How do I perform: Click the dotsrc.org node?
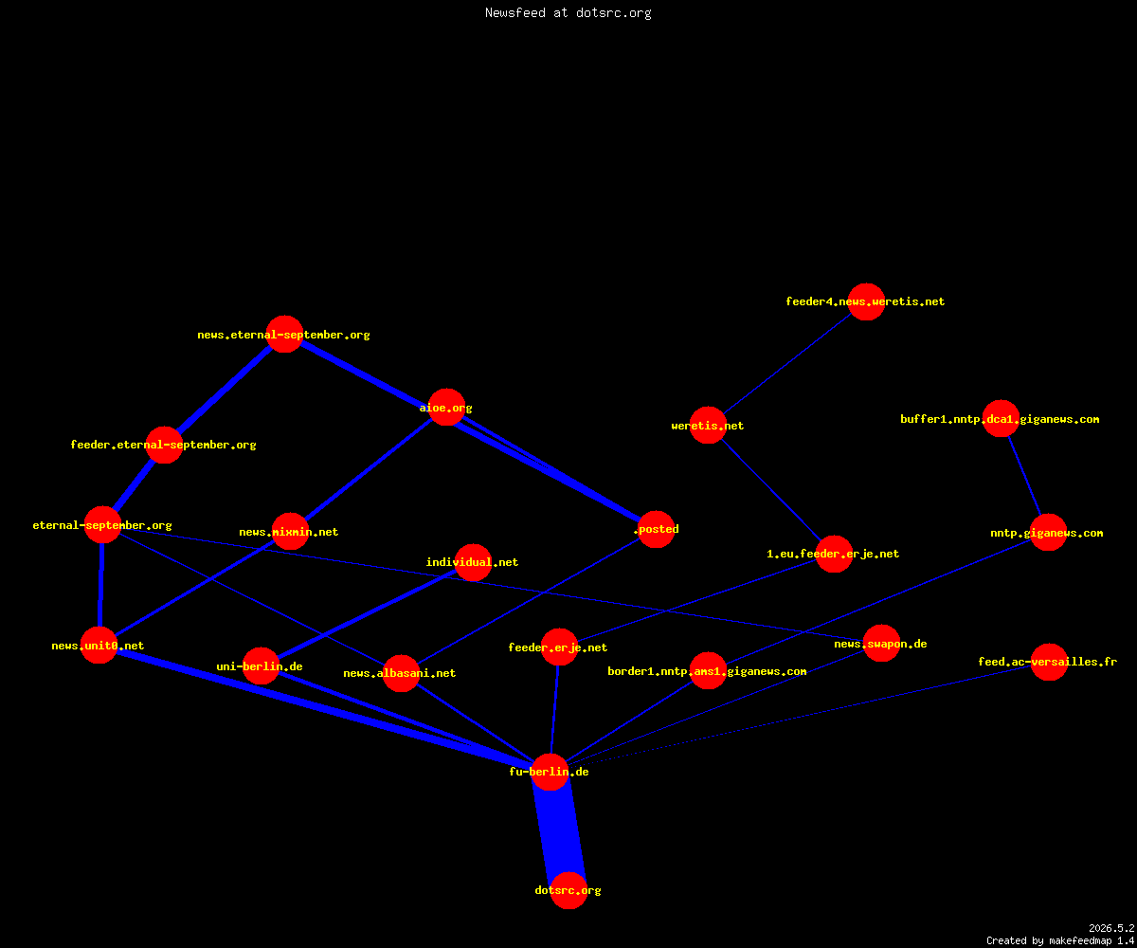[568, 890]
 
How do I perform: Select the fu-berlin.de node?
[550, 772]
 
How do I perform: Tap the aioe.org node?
[446, 408]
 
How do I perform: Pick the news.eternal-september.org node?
[284, 334]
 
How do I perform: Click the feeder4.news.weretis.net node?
[866, 301]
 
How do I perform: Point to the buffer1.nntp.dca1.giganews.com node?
[1001, 418]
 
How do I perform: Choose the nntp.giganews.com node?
[1048, 532]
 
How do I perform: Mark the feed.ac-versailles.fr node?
[1049, 662]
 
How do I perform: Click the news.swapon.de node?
[881, 644]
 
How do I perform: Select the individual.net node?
[473, 562]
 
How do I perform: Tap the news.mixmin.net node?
[290, 531]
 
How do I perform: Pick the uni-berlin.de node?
[261, 665]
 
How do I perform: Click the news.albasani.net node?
[401, 673]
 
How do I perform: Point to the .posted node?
[657, 529]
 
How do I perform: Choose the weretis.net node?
[708, 425]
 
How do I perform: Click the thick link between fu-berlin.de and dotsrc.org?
[559, 830]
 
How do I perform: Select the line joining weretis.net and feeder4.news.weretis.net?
[786, 363]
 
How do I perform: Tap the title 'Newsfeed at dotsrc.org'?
[568, 12]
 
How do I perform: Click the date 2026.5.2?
[1111, 928]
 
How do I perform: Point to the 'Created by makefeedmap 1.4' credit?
[1060, 940]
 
